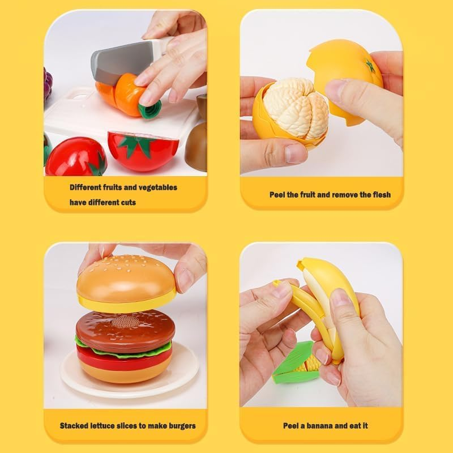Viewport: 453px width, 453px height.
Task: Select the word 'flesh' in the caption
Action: click(x=380, y=195)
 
